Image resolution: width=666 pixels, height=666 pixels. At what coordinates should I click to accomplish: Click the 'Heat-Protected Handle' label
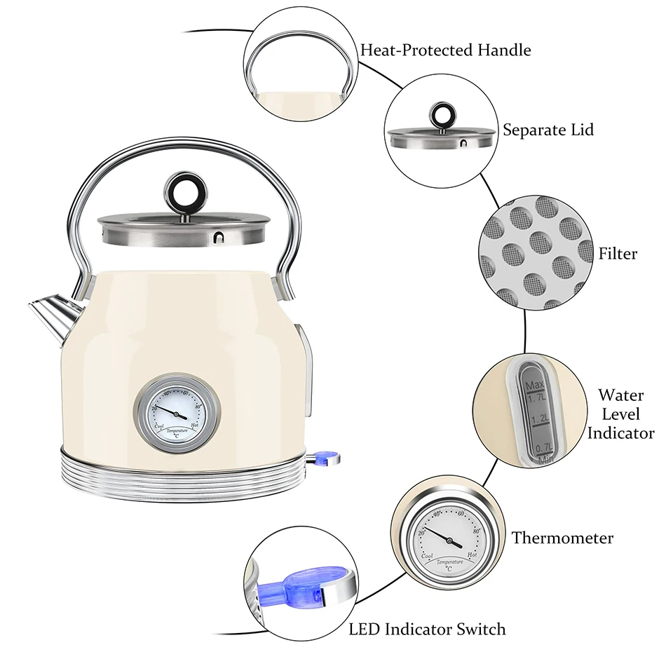pos(445,50)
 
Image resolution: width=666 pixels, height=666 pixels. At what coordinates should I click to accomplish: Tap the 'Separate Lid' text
pos(548,130)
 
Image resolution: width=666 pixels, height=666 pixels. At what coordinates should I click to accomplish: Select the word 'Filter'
pos(618,253)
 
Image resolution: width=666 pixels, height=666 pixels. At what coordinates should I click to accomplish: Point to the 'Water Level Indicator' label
pos(620,414)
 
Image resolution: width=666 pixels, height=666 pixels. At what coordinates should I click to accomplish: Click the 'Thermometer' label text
pos(562,538)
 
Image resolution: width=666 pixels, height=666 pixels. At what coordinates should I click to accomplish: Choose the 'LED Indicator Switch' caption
pos(427,628)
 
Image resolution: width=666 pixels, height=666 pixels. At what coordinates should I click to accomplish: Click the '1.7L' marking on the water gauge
pos(538,397)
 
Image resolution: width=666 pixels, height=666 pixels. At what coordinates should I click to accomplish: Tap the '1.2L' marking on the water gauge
pos(539,419)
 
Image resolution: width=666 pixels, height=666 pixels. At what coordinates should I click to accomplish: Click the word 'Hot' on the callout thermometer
pos(471,555)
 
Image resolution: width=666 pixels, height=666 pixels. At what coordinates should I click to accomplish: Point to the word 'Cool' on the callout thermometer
pos(426,556)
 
